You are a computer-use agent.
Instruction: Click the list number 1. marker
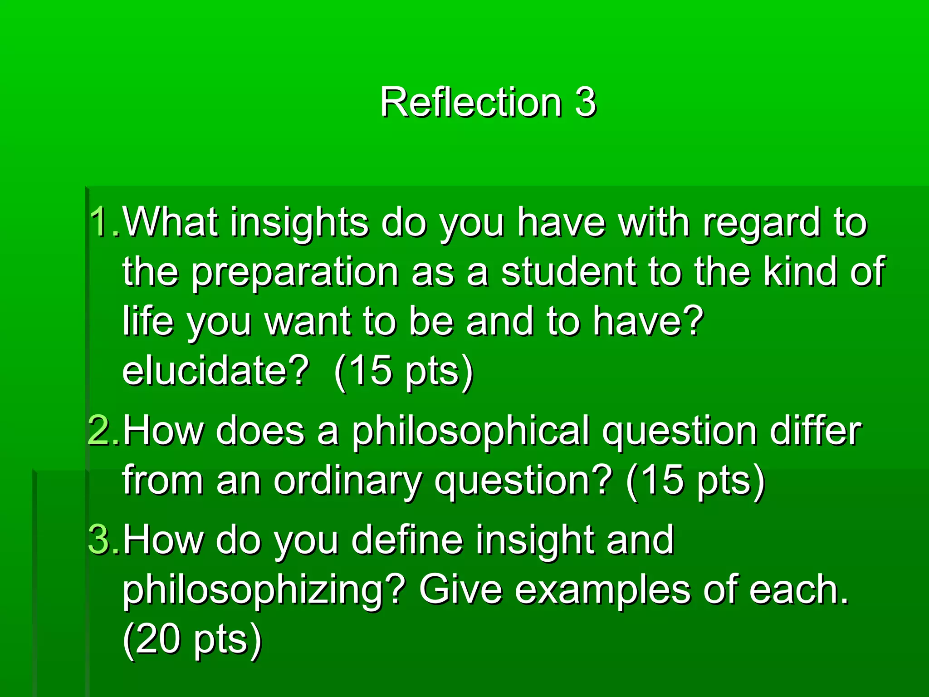(x=104, y=222)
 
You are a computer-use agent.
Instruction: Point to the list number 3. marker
(x=104, y=540)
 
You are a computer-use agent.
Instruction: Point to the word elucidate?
(x=215, y=370)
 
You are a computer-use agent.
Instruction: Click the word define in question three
(x=407, y=540)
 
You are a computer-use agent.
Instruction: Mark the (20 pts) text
(x=192, y=640)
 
